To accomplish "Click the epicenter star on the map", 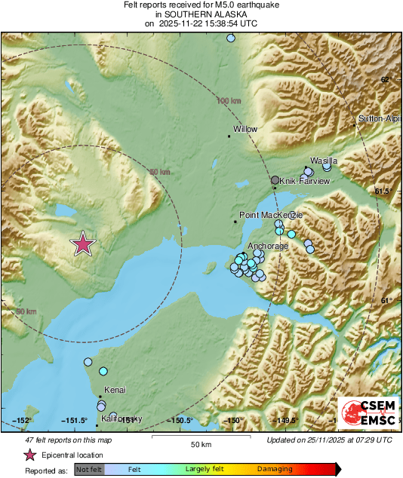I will tap(83, 244).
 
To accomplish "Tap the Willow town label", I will tap(245, 130).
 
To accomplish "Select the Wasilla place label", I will tap(324, 161).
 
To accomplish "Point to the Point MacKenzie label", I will tap(270, 216).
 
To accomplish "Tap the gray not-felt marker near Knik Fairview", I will tap(275, 181).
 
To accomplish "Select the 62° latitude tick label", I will tap(385, 80).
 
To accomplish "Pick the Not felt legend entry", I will tap(89, 469).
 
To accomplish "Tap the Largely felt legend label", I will tap(203, 469).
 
